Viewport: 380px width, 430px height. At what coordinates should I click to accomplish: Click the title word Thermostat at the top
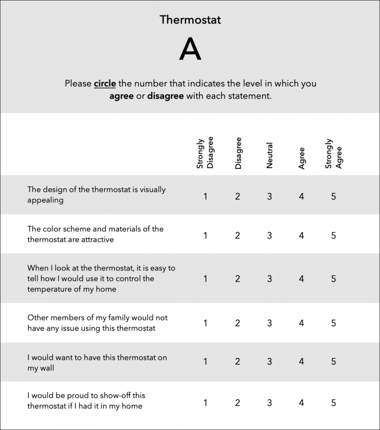point(190,20)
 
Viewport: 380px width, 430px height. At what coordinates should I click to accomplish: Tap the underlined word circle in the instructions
point(105,84)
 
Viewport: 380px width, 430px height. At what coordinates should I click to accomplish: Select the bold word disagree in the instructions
point(165,96)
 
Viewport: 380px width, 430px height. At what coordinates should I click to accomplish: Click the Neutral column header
point(269,156)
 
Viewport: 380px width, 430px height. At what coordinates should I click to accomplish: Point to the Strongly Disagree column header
point(205,153)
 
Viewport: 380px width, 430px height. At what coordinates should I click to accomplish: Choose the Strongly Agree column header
point(333,154)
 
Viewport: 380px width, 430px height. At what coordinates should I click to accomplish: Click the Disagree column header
point(238,153)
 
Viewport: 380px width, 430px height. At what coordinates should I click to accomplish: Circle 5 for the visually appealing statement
point(333,196)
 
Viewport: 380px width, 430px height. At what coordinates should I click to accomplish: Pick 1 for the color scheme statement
point(206,236)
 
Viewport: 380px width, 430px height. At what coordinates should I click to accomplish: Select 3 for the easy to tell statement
point(269,278)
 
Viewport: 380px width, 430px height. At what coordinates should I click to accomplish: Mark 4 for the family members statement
point(302,323)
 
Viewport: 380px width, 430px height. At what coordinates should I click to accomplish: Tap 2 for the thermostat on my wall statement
point(237,362)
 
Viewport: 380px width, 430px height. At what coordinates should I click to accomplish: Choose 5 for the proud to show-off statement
point(333,403)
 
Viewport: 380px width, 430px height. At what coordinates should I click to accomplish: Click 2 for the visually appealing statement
point(237,196)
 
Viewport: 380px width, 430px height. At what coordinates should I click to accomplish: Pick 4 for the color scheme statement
point(302,236)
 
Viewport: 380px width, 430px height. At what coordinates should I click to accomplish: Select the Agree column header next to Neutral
point(302,158)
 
